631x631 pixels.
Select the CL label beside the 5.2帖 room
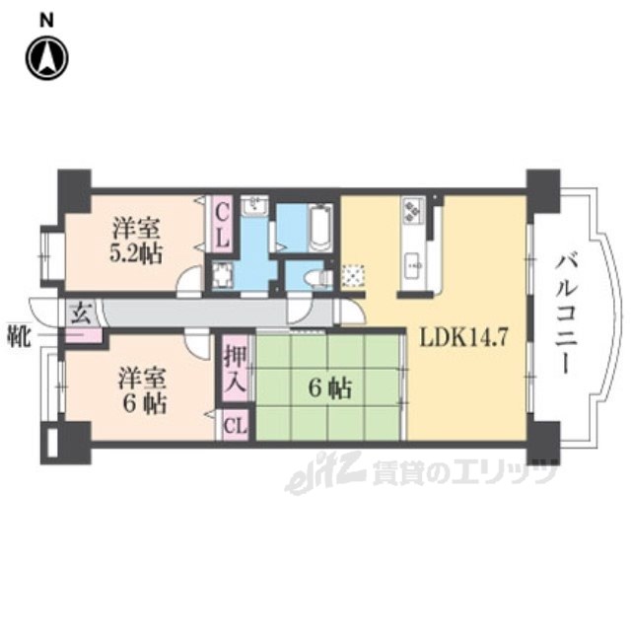point(224,226)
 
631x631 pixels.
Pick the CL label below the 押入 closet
point(234,426)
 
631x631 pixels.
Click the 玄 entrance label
point(83,315)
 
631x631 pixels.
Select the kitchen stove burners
point(412,211)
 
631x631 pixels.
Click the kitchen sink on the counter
point(412,262)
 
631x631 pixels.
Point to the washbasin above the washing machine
point(254,206)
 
